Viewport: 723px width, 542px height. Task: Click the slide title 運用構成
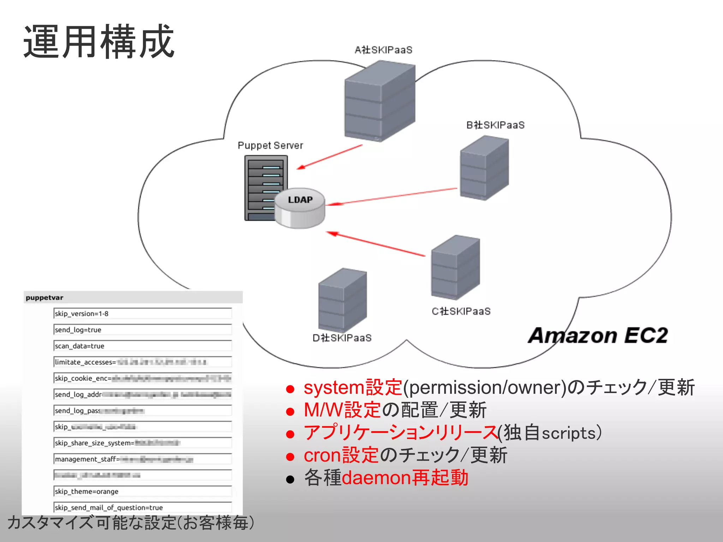[99, 42]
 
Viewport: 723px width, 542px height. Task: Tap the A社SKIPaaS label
[383, 50]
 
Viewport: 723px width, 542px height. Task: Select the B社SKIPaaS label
[495, 125]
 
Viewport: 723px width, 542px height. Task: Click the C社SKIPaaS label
[461, 311]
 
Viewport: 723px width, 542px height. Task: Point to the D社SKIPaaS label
[342, 338]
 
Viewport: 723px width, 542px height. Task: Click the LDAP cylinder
[300, 208]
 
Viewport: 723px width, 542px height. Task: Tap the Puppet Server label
[270, 145]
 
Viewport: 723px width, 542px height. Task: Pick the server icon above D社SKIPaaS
[342, 300]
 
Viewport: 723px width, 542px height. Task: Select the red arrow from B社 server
[392, 196]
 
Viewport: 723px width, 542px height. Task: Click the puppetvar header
[45, 297]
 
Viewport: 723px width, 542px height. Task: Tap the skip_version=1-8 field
[142, 313]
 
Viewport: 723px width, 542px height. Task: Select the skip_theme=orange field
[142, 491]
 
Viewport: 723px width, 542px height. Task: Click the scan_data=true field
[142, 346]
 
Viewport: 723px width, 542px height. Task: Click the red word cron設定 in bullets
[341, 455]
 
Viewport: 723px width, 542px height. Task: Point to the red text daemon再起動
[405, 478]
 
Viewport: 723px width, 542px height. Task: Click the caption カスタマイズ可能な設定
[92, 523]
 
